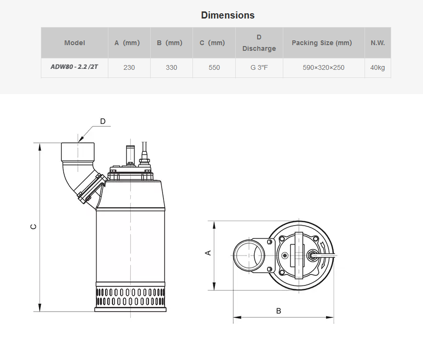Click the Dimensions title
(x=228, y=15)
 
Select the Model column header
(x=75, y=43)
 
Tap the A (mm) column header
(x=127, y=43)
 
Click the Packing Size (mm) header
(x=322, y=43)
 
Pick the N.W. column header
(x=378, y=43)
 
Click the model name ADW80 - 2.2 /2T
(x=75, y=66)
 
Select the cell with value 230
(x=129, y=67)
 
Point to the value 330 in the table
(x=171, y=67)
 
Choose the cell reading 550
(x=214, y=67)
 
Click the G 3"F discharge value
(x=259, y=67)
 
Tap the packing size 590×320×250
(x=324, y=67)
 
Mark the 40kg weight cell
(x=377, y=67)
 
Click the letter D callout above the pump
(x=103, y=122)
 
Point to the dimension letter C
(x=33, y=227)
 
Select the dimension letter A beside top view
(x=208, y=253)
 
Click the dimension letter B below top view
(x=279, y=311)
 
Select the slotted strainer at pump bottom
(x=130, y=297)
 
